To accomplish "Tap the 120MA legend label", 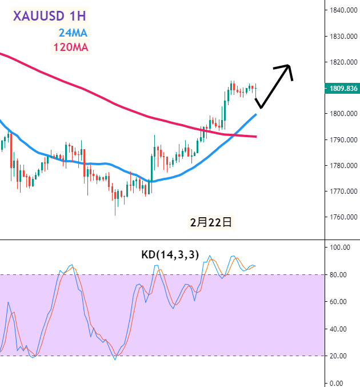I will (x=71, y=47).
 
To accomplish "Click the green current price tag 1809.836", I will (x=341, y=89).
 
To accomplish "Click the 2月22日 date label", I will (x=211, y=222).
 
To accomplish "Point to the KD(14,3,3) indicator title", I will (x=170, y=255).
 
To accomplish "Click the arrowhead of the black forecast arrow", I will (x=289, y=67).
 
